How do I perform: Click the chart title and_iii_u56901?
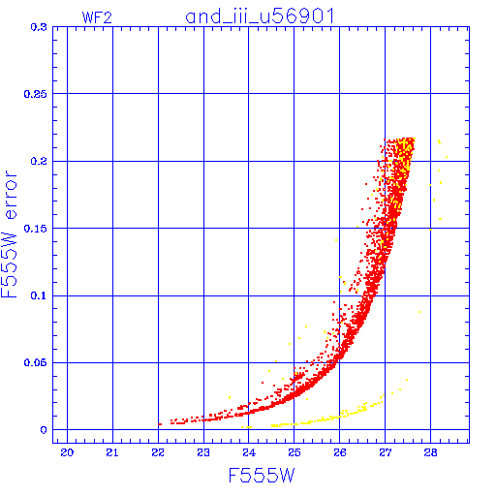click(260, 16)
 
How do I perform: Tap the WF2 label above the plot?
click(97, 17)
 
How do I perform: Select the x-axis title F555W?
click(262, 476)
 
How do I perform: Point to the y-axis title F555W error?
click(9, 234)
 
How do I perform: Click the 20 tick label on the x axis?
click(67, 452)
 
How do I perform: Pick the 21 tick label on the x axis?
click(112, 452)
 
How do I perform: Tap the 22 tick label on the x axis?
click(158, 452)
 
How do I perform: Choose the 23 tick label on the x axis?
click(203, 452)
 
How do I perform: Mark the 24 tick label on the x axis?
click(249, 452)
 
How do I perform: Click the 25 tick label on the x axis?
click(294, 452)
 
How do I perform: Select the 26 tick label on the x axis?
click(340, 452)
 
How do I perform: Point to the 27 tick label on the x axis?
click(386, 452)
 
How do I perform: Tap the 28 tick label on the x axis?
click(430, 452)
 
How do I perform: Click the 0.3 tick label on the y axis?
click(39, 27)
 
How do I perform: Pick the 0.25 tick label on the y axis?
click(36, 94)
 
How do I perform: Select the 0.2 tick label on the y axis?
click(39, 161)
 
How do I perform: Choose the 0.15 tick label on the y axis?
click(36, 229)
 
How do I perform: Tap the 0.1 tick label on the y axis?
click(39, 295)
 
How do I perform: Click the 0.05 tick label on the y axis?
click(36, 362)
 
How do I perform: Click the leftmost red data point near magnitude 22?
click(160, 424)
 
